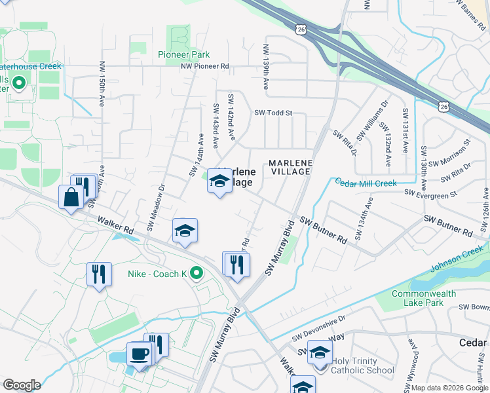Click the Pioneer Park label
coord(183,54)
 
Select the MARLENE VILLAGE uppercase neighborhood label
coord(289,166)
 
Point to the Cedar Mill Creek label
coord(366,183)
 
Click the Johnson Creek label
coord(457,258)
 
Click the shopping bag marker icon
coord(71,196)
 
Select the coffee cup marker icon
coord(139,354)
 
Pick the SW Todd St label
coord(273,113)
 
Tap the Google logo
coord(21,385)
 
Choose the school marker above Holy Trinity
coord(320,352)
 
